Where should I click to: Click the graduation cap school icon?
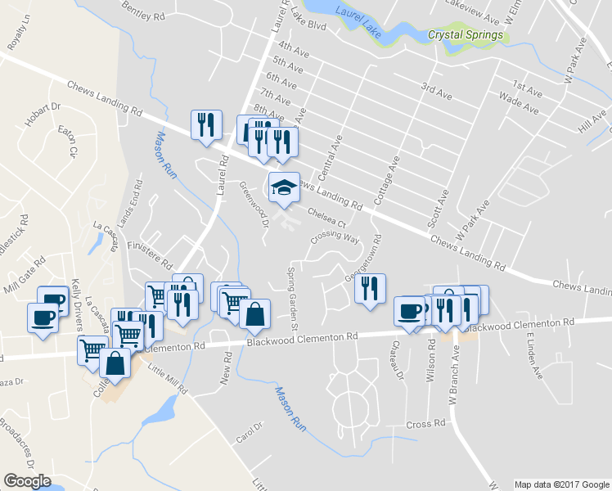tap(284, 187)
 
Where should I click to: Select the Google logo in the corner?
tap(27, 481)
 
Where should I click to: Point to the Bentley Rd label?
tap(143, 10)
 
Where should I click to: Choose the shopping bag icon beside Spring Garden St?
tap(255, 314)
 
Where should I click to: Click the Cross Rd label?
tap(425, 425)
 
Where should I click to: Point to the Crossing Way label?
tap(335, 238)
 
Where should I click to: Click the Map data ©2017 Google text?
tap(562, 484)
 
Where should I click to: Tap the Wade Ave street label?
tap(518, 105)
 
